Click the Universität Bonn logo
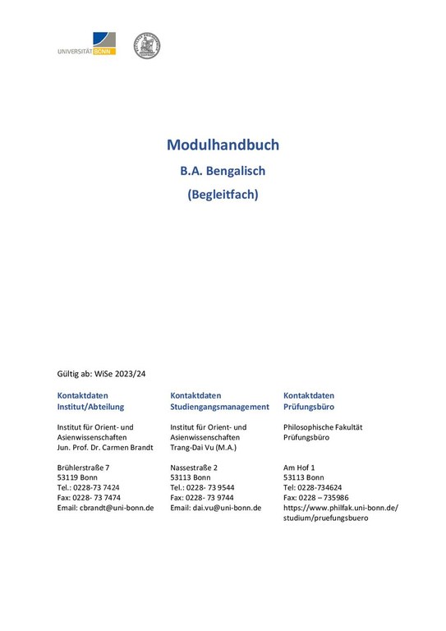tap(86, 44)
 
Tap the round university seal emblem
tap(146, 45)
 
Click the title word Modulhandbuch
tap(223, 145)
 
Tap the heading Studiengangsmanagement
tap(219, 407)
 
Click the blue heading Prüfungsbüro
tap(309, 407)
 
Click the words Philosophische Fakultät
tap(323, 427)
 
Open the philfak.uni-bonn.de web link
tap(340, 508)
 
